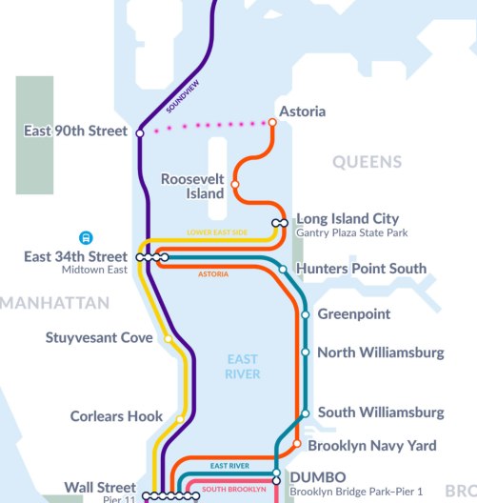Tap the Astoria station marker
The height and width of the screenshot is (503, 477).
[x=272, y=122]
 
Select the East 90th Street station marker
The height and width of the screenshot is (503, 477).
[x=140, y=132]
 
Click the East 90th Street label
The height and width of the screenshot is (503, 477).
[x=75, y=131]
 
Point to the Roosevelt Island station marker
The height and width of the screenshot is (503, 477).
[x=234, y=185]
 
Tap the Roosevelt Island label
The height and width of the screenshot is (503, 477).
[x=192, y=186]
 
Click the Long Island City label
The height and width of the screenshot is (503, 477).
[x=348, y=218]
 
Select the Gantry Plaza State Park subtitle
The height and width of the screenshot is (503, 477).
[x=351, y=232]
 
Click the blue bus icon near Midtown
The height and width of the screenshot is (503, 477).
[x=86, y=238]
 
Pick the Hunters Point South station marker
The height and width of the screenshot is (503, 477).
[x=283, y=270]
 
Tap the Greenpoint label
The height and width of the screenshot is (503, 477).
[x=354, y=313]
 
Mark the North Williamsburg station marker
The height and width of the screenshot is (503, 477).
[x=305, y=352]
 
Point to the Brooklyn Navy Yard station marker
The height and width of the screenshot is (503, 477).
[x=297, y=445]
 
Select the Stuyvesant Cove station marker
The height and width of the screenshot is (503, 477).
[x=168, y=338]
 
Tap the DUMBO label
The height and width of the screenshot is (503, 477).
[x=312, y=476]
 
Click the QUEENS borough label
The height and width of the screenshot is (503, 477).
[x=367, y=163]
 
